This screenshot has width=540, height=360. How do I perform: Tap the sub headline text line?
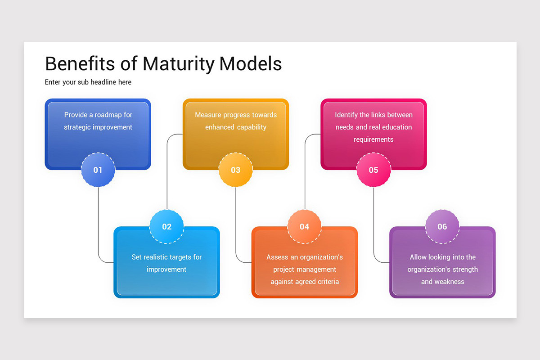[88, 82]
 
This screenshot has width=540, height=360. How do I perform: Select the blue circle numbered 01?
[98, 170]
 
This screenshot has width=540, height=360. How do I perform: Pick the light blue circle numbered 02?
[166, 226]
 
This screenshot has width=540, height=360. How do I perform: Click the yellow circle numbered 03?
[236, 170]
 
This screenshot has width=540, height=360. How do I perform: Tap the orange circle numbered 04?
[305, 226]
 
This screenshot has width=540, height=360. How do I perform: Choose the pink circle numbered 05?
[373, 170]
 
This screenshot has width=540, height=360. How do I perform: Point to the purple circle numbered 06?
[442, 226]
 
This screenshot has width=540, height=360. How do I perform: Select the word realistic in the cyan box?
[160, 257]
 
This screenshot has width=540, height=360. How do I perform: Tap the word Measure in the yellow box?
[207, 115]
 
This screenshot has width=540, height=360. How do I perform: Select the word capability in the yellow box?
[248, 127]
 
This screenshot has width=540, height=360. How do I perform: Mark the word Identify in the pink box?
[346, 115]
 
